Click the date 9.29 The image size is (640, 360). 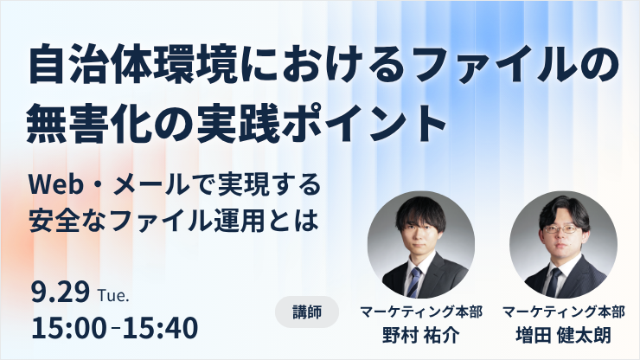(x=61, y=292)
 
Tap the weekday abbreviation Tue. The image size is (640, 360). (x=113, y=296)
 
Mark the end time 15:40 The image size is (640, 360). (x=160, y=328)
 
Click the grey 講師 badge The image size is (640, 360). (x=307, y=312)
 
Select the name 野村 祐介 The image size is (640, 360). (x=421, y=336)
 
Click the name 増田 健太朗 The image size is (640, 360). (x=563, y=336)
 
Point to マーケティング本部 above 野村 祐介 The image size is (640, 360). (x=421, y=312)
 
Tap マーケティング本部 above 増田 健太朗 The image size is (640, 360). (x=564, y=312)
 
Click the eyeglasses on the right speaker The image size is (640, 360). (x=560, y=229)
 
